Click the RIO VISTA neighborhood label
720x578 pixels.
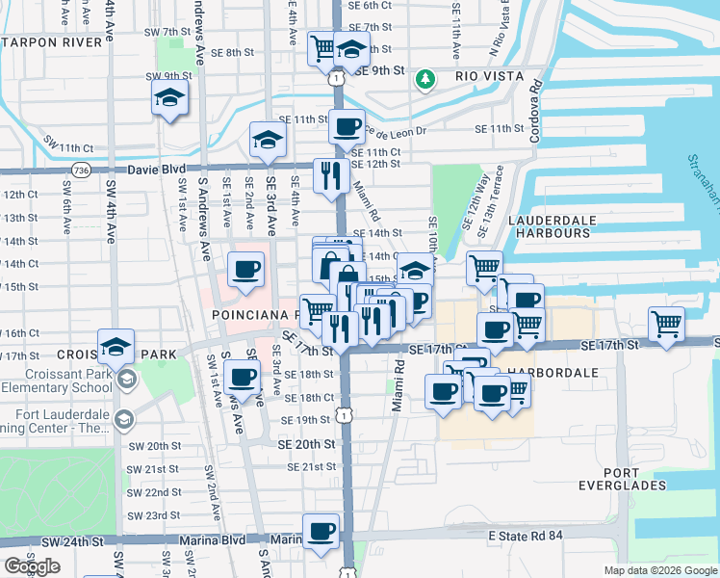click(x=490, y=76)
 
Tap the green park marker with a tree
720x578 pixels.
click(x=424, y=78)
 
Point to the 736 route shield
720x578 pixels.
click(x=83, y=170)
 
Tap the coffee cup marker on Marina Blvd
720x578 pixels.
click(x=321, y=530)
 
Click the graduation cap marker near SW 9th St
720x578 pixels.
click(x=169, y=98)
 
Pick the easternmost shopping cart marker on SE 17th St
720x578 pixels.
click(x=666, y=325)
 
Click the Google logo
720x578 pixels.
click(x=32, y=565)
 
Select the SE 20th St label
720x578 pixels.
click(x=306, y=444)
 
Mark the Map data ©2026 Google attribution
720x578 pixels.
click(x=659, y=570)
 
